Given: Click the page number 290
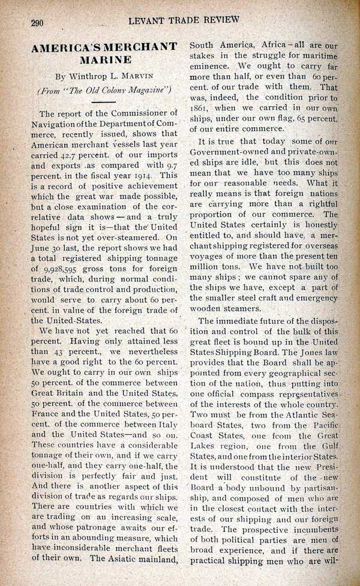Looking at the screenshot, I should pos(38,23).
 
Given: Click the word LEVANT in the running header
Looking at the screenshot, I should pos(148,20).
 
